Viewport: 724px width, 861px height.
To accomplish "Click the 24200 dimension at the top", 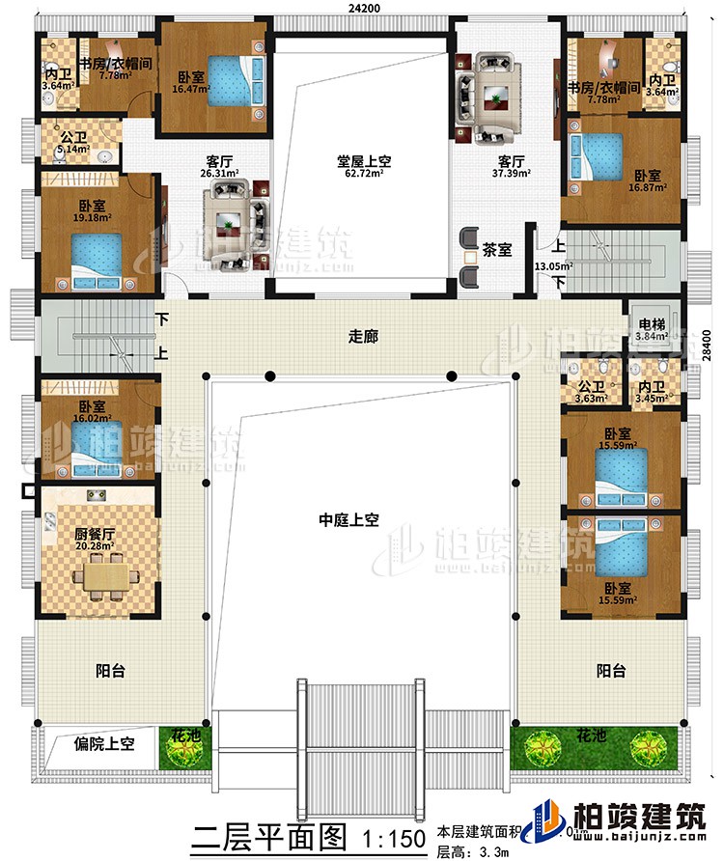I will click(362, 9).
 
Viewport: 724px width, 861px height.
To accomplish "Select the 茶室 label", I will click(497, 248).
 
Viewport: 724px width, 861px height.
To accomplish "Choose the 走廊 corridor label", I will click(362, 338).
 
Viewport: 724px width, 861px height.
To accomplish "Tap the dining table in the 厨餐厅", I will click(96, 576).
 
